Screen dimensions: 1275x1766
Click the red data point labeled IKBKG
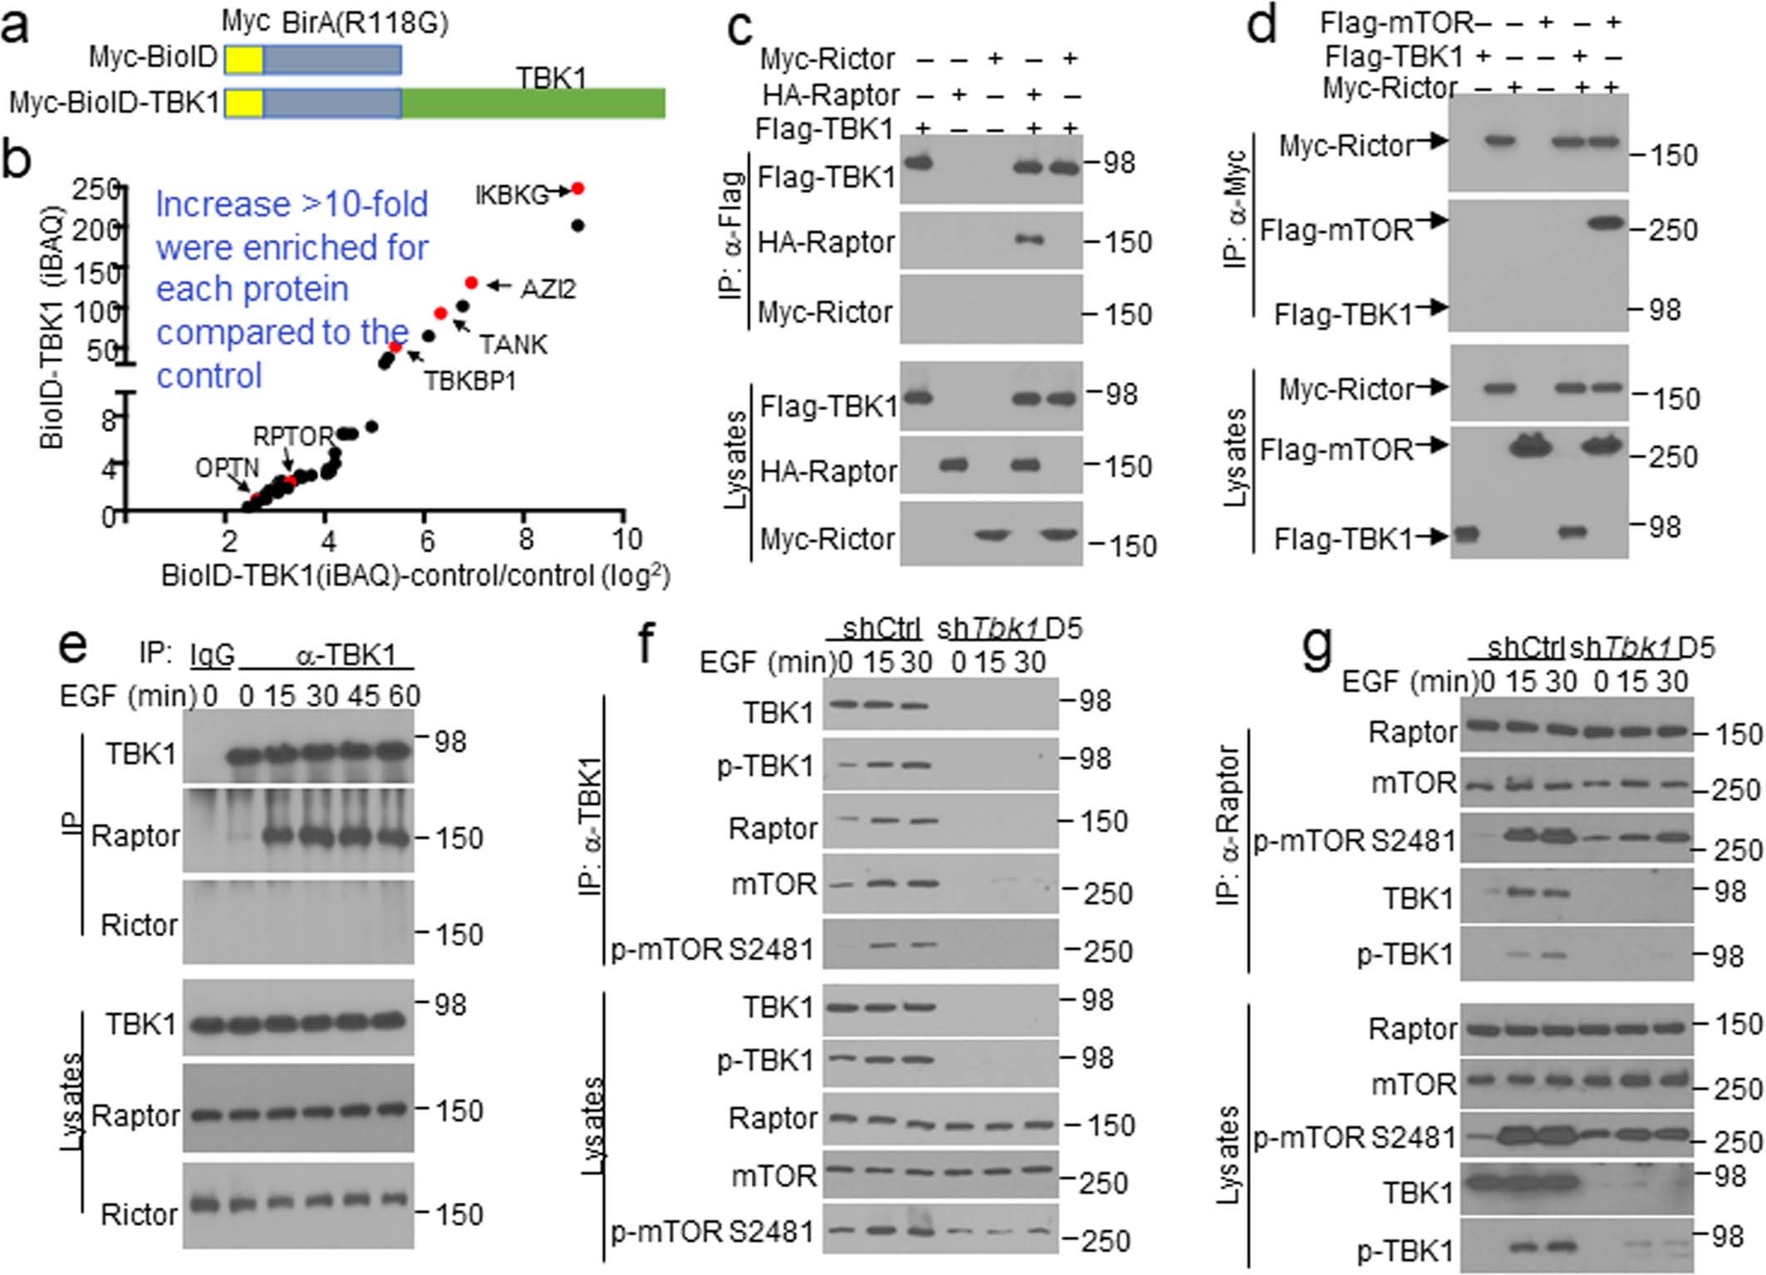pos(578,189)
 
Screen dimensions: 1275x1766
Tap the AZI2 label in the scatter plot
pos(548,288)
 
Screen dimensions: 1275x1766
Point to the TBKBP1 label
pos(470,380)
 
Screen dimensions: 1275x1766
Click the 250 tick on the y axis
pos(95,189)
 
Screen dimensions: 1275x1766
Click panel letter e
pos(73,645)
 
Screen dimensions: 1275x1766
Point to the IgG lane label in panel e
pos(212,655)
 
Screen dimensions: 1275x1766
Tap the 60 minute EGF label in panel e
pos(405,695)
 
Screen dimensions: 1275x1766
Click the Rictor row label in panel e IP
pos(139,924)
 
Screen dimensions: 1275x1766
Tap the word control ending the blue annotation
pos(209,375)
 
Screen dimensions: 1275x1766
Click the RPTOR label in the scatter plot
pos(292,436)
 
